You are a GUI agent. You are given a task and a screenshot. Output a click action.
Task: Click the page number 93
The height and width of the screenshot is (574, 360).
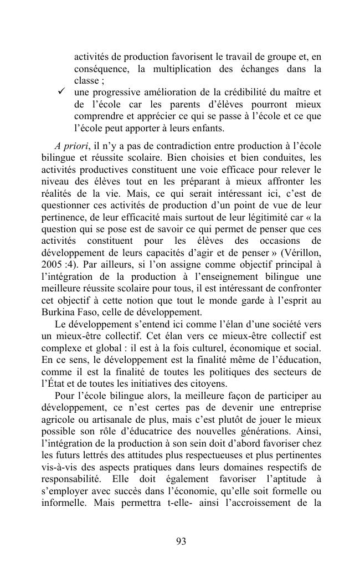[180, 541]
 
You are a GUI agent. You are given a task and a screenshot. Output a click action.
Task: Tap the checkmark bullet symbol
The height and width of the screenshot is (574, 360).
[61, 91]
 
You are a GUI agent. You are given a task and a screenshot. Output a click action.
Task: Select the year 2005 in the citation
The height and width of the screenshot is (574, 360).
[53, 264]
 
